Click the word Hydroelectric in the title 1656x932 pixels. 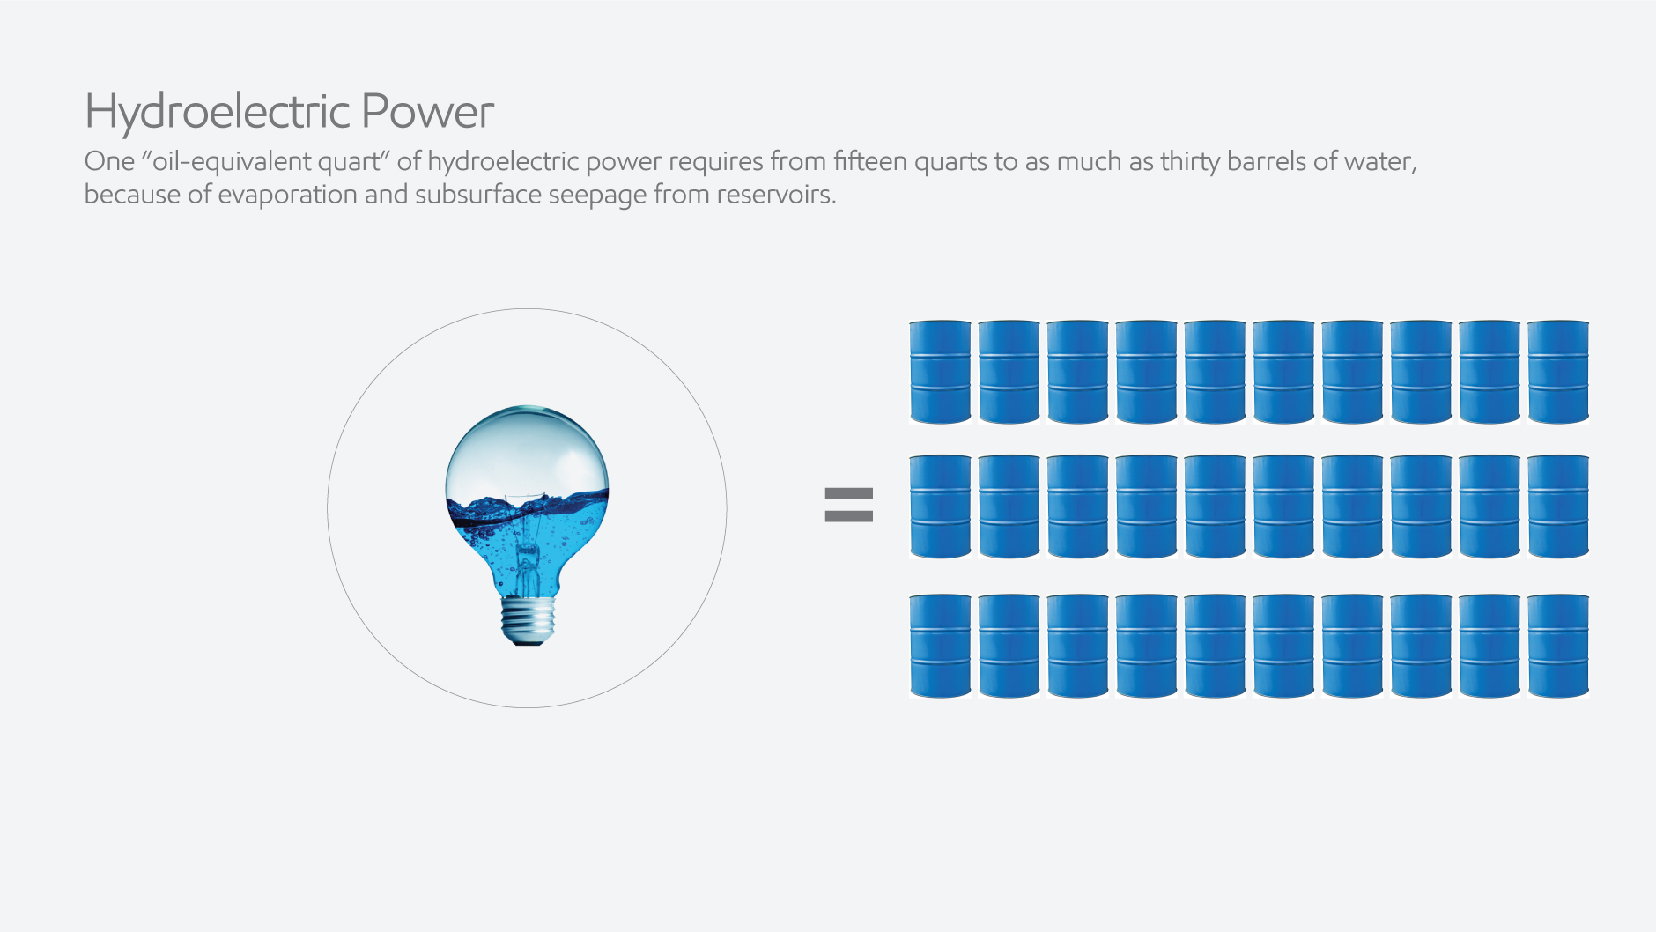click(218, 112)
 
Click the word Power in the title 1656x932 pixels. click(427, 112)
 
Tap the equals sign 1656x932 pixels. click(848, 505)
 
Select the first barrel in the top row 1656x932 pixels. click(940, 372)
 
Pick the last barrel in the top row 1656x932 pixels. click(1558, 372)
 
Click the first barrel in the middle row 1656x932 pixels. click(940, 507)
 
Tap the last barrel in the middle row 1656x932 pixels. click(1558, 507)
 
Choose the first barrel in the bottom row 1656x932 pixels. click(940, 646)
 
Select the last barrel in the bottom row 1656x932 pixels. click(1558, 646)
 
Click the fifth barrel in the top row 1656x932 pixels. click(1215, 372)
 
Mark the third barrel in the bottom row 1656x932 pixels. click(1077, 646)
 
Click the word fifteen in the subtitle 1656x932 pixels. click(869, 161)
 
